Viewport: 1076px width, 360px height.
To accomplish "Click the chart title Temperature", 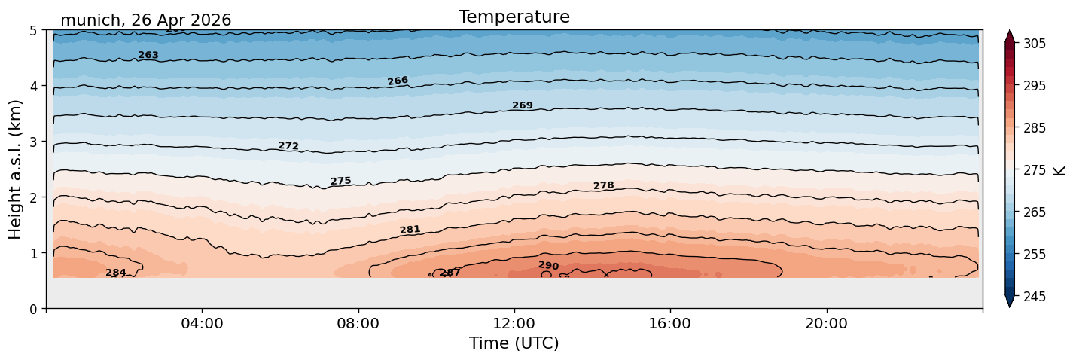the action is pyautogui.click(x=514, y=17).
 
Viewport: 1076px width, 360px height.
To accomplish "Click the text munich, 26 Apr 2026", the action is pyautogui.click(x=145, y=20).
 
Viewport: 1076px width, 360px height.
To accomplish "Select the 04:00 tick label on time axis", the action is pyautogui.click(x=203, y=323).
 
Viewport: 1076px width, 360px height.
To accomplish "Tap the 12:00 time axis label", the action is pyautogui.click(x=514, y=323).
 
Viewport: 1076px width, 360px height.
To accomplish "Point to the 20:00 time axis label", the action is pyautogui.click(x=827, y=323).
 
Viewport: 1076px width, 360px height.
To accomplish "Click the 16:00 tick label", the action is pyautogui.click(x=671, y=323).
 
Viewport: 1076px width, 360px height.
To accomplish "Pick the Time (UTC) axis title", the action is pyautogui.click(x=514, y=343).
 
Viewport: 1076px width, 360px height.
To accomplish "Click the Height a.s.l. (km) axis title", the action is pyautogui.click(x=15, y=169).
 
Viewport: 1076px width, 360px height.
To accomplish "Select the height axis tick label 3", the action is pyautogui.click(x=33, y=142).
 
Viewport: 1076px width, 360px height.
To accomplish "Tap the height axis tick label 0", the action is pyautogui.click(x=33, y=309).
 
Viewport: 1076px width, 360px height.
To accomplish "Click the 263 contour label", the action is pyautogui.click(x=148, y=55).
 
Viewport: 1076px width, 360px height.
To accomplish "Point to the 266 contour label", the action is pyautogui.click(x=398, y=81).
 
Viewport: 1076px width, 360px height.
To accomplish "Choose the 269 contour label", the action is pyautogui.click(x=523, y=105).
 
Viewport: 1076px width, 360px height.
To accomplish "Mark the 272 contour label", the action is pyautogui.click(x=288, y=145).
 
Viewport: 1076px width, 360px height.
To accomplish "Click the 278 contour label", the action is pyautogui.click(x=604, y=185).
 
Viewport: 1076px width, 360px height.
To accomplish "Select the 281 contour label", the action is pyautogui.click(x=410, y=230).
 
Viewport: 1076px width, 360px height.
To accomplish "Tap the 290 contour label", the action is pyautogui.click(x=549, y=265).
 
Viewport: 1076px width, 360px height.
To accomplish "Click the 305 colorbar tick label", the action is pyautogui.click(x=1034, y=44).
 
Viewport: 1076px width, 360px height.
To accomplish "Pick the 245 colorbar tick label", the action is pyautogui.click(x=1034, y=297).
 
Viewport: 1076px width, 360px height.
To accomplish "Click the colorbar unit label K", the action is pyautogui.click(x=1058, y=170).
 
